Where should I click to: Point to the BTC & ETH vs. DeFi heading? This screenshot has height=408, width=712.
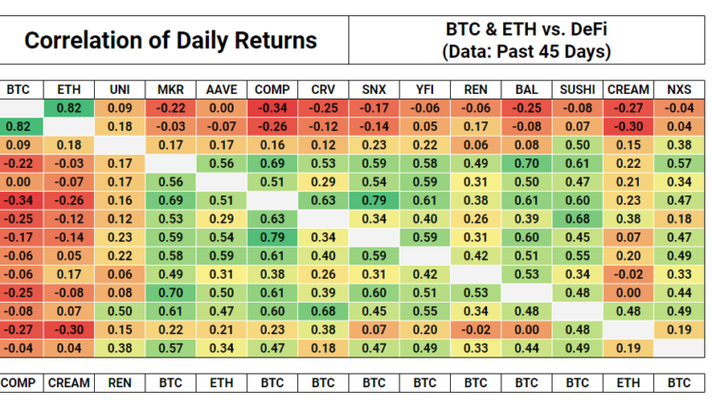(527, 28)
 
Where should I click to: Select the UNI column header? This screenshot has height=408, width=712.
(121, 90)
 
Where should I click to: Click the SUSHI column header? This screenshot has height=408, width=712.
(576, 90)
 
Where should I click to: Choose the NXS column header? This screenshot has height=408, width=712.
(680, 90)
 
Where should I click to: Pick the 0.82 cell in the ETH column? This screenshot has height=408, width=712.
(68, 108)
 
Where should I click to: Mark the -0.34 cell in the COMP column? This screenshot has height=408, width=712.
(272, 108)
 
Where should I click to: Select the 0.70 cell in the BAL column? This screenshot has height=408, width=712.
(526, 162)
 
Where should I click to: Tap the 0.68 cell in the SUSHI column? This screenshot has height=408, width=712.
(576, 217)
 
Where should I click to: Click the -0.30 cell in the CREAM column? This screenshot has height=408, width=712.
(628, 126)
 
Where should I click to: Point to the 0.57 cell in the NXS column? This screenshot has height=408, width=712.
(680, 162)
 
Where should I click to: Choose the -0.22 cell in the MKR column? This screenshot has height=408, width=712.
(171, 108)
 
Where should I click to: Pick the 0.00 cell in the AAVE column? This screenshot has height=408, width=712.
(221, 108)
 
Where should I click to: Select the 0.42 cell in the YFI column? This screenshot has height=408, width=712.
(424, 272)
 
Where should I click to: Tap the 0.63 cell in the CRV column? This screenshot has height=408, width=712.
(323, 199)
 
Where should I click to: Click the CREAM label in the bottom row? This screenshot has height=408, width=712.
(68, 382)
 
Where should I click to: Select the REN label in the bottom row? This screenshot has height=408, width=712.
(121, 382)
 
